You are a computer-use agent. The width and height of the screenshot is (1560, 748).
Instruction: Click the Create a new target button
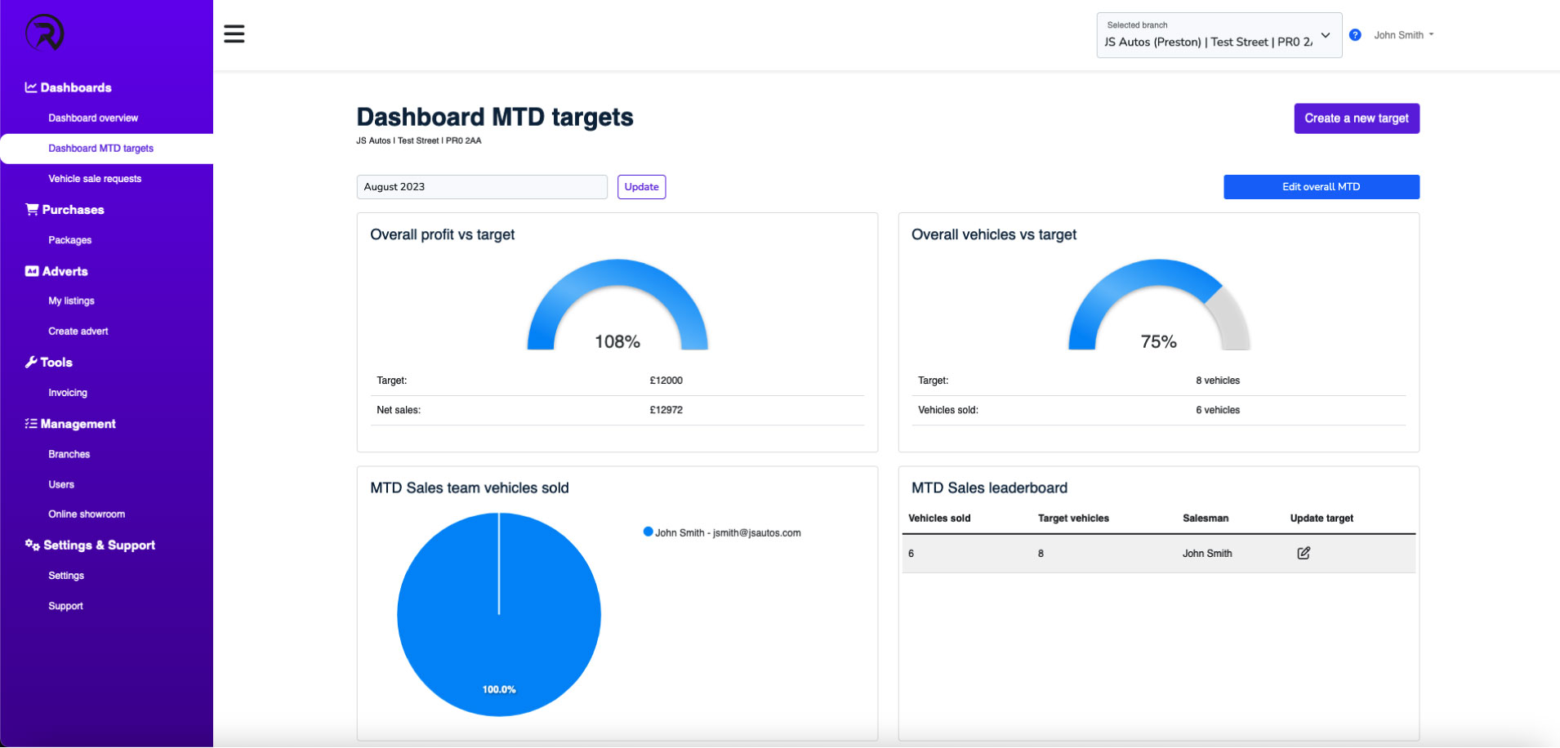1356,118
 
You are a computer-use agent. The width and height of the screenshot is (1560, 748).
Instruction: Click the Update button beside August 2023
641,187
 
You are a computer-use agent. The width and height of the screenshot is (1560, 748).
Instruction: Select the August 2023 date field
481,187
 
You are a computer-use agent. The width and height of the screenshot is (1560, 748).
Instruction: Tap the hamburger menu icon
234,34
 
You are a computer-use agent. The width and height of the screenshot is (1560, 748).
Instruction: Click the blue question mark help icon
1355,35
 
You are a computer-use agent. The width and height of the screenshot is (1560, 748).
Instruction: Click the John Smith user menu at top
1402,35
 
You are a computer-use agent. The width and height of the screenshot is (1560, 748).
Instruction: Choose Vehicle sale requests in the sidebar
95,179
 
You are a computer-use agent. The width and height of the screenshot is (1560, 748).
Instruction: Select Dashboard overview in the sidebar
93,118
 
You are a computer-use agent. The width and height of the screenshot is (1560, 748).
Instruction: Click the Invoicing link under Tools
68,393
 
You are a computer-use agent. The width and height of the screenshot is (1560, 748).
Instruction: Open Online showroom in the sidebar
87,514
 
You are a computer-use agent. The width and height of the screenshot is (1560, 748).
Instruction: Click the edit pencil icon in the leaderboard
1304,554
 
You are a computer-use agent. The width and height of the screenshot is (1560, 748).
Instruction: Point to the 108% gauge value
617,342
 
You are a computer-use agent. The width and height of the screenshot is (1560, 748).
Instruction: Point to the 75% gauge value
1158,342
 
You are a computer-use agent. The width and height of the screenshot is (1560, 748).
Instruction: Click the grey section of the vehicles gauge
1231,318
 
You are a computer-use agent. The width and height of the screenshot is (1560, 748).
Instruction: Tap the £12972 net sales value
666,411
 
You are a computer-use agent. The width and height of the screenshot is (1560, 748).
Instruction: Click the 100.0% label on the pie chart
499,690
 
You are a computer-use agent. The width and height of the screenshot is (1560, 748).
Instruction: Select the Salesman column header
1205,519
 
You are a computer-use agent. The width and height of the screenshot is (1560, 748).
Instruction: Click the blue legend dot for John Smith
648,532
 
